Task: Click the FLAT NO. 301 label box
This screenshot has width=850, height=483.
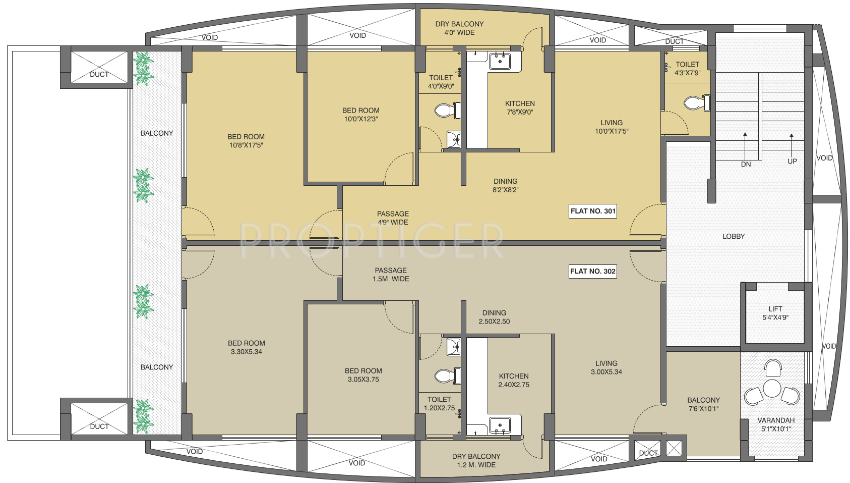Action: [592, 211]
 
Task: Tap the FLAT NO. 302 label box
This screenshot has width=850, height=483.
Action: [592, 272]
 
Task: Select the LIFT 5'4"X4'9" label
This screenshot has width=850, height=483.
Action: [775, 313]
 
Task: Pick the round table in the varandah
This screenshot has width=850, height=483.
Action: [772, 389]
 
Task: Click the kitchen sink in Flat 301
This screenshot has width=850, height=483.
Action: [500, 61]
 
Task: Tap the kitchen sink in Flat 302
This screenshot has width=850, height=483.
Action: [500, 425]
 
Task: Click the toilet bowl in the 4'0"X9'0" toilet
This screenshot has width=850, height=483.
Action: [447, 111]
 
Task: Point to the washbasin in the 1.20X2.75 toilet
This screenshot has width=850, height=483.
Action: [454, 347]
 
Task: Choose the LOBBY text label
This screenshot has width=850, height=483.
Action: [734, 236]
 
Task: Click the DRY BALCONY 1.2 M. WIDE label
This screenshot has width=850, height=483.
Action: [476, 461]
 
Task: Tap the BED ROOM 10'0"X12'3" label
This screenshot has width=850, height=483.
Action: [361, 115]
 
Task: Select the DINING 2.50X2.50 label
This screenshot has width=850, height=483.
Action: [494, 317]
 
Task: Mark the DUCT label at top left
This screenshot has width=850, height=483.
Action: [99, 75]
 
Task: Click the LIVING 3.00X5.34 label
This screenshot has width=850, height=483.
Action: [606, 367]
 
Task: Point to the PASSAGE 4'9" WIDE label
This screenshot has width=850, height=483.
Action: [393, 218]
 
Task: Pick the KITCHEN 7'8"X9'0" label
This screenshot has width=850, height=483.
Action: [520, 108]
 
